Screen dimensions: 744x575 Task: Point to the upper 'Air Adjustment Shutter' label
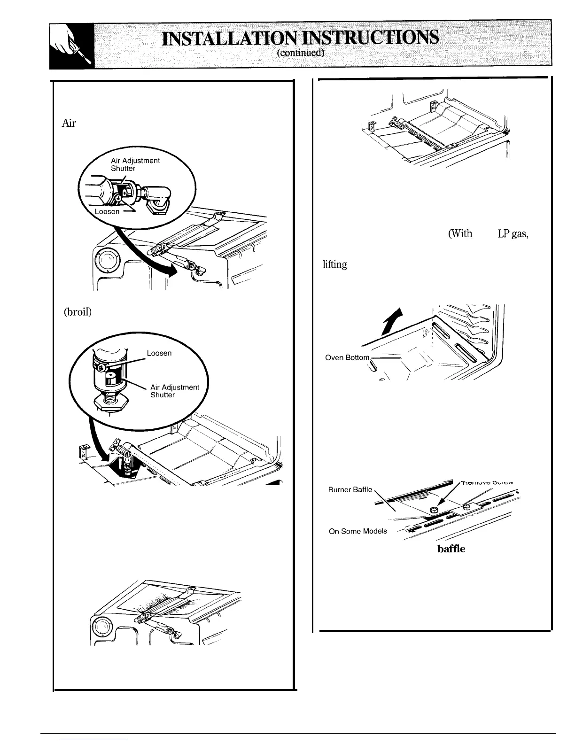pos(135,164)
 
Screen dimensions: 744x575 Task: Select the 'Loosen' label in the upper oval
pos(108,211)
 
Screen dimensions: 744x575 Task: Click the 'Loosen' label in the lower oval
pos(159,353)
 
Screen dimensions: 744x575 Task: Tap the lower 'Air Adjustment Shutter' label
pos(174,391)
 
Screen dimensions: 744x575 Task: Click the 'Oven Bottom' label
pos(348,358)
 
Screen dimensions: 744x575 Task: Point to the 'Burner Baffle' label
pos(350,489)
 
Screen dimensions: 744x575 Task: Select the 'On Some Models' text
pos(358,531)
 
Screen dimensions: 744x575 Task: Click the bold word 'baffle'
pos(451,548)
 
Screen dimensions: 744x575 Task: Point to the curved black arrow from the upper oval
pos(155,263)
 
